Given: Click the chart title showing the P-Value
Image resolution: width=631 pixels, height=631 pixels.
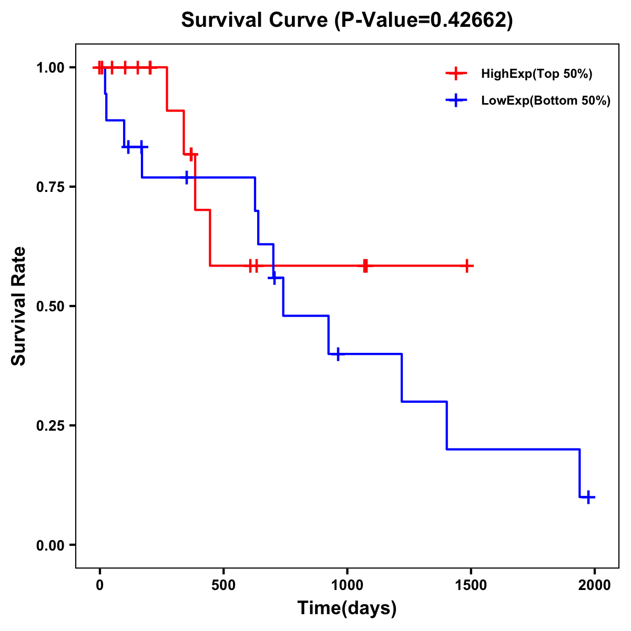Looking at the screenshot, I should pos(347,20).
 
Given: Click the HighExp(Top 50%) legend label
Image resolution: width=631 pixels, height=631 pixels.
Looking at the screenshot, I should pos(537,74).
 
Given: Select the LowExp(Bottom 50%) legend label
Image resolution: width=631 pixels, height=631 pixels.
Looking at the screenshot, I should pos(546,101).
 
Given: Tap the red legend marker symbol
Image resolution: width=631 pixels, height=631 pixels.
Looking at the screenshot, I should pos(456,74).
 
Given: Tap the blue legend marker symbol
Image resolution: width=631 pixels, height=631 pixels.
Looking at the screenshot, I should pos(456,100).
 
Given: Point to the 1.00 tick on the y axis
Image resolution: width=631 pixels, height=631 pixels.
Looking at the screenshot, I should pos(51,68).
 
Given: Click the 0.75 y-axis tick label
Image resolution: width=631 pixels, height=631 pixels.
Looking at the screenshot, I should pos(51,187).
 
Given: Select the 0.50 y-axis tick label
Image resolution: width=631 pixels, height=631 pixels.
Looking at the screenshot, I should pos(51,307).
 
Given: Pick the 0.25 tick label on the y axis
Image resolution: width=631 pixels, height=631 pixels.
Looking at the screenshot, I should pos(51,426).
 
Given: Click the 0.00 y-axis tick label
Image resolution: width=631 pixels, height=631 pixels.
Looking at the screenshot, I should pos(51,545).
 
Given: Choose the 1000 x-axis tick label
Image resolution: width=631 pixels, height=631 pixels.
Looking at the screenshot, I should pos(347,585).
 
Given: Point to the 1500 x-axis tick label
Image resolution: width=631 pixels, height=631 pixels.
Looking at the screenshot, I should pos(471,585).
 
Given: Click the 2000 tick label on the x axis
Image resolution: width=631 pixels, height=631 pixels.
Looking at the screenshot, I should pos(595,585).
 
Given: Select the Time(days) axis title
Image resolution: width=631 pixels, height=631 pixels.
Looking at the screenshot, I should pos(347,608).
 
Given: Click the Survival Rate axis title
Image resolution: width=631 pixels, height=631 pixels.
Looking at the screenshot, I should pos(19,306).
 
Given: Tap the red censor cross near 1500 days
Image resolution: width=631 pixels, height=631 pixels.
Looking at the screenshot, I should pos(466,266).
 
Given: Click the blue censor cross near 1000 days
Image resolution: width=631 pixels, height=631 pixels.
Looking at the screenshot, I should pos(338,354).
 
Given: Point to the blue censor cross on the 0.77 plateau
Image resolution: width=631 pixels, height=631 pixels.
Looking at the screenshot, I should pos(186,178).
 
